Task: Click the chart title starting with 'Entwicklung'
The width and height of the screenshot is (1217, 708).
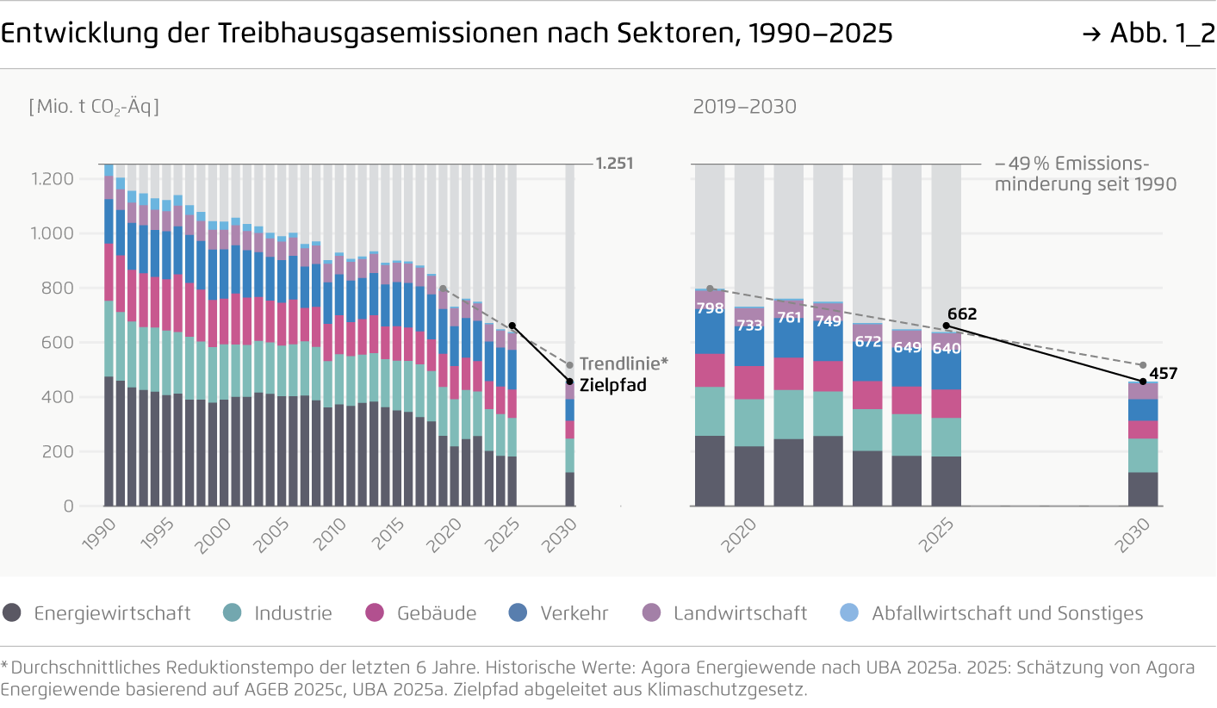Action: click(446, 34)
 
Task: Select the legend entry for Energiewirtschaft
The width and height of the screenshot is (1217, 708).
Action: click(96, 613)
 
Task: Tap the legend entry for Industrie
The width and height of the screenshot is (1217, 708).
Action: click(277, 613)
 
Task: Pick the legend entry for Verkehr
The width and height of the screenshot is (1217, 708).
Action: click(559, 613)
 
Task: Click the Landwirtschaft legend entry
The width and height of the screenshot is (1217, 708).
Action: click(724, 613)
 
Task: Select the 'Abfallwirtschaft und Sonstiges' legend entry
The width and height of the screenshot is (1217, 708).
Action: click(990, 613)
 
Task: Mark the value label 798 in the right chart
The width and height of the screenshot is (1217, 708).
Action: click(710, 308)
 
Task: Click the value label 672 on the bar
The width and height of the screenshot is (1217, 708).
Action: click(867, 342)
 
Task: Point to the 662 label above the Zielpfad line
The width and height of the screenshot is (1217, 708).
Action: click(962, 314)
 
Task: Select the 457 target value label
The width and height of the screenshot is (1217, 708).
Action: click(1161, 374)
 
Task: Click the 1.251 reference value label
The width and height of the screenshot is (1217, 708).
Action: click(614, 164)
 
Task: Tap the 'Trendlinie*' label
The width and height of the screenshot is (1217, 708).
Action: click(624, 363)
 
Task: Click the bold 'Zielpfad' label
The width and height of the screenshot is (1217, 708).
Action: click(612, 386)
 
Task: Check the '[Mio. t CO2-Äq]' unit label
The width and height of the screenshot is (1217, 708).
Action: click(94, 107)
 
